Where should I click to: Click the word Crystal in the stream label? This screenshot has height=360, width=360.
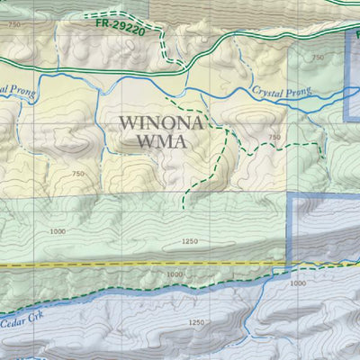[x=267, y=90]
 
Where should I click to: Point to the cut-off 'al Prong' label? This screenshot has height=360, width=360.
[x=16, y=89]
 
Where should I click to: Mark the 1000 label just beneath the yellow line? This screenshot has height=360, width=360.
[x=175, y=274]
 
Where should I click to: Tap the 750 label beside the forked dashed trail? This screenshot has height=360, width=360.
[x=274, y=137]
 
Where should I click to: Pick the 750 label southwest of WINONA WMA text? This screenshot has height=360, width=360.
[x=77, y=173]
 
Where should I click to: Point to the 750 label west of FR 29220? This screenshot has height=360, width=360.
[x=13, y=25]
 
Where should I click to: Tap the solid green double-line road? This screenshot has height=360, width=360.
[x=90, y=70]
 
